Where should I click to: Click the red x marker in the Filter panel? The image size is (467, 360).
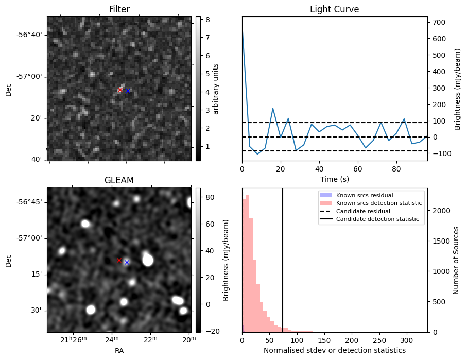120,90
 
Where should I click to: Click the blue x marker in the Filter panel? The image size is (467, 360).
128,91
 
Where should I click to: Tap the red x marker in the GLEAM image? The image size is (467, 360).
119,260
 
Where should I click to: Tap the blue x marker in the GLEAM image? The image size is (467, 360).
127,262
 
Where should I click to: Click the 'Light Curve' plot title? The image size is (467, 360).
334,9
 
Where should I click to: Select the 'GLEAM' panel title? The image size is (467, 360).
119,180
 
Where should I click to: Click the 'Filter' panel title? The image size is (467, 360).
119,9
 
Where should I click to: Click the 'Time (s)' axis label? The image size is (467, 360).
334,179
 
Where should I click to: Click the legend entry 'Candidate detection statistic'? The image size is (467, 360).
379,219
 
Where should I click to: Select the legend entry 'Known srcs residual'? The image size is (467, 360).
365,196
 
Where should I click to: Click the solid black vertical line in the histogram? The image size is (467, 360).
283,258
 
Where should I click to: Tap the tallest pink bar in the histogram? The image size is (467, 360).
247,263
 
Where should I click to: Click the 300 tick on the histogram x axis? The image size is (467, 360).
406,340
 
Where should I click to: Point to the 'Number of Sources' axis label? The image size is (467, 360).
456,260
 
